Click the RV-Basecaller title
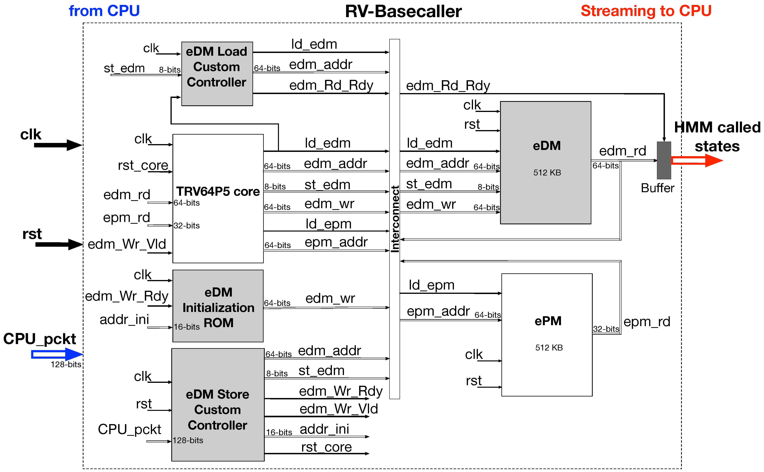[x=403, y=12]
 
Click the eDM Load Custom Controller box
[x=217, y=74]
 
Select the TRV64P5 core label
[x=218, y=191]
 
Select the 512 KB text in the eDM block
[x=547, y=173]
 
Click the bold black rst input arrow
[x=58, y=244]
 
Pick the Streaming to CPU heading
[x=646, y=11]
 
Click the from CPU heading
[x=104, y=11]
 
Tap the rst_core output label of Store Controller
[x=326, y=447]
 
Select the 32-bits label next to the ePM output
[x=606, y=329]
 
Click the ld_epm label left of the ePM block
[x=432, y=285]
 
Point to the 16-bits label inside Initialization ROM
[x=186, y=327]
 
